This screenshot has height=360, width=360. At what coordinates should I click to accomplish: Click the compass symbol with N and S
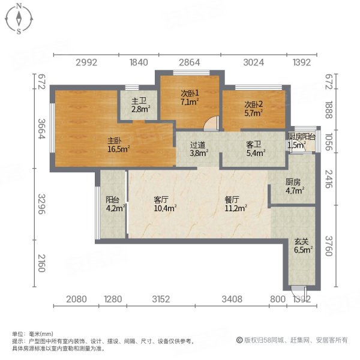coord(19,18)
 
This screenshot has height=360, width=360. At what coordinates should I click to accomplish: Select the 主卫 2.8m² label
coord(140,106)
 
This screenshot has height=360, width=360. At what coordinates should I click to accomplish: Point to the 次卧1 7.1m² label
coord(190,97)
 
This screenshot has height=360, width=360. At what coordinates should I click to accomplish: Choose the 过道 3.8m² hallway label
coord(199,149)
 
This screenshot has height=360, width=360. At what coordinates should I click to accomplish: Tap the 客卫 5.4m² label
coord(255,149)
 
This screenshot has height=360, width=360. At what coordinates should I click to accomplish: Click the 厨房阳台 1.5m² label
coord(302,141)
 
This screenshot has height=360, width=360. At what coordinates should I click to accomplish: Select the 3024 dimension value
coord(254,62)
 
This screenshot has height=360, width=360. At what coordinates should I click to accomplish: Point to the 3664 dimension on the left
coord(41,129)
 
